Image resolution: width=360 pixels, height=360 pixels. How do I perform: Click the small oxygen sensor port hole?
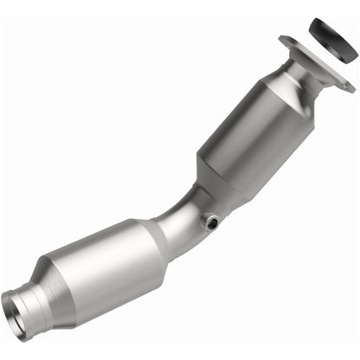coord(211,223)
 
